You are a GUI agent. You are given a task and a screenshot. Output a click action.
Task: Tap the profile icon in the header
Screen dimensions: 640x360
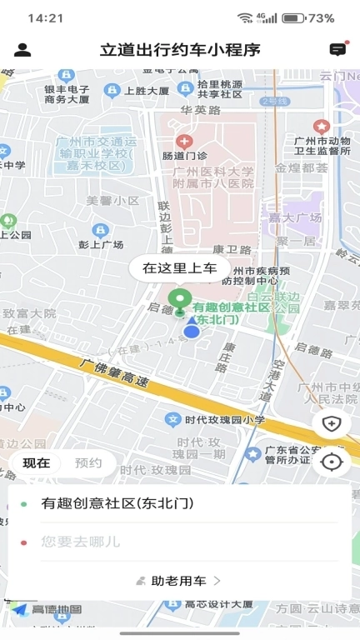(22, 50)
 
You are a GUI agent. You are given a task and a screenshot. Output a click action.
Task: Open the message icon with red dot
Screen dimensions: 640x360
(337, 49)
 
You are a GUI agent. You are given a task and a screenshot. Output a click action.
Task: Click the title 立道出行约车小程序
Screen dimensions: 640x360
(180, 50)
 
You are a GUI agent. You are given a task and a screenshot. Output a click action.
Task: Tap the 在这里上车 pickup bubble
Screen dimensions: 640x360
(179, 267)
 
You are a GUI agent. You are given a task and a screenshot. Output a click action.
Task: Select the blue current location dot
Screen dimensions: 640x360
(192, 332)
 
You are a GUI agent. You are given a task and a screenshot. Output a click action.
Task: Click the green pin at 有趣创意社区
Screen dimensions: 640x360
(177, 299)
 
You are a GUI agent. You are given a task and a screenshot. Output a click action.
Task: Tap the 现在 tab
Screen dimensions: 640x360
(36, 463)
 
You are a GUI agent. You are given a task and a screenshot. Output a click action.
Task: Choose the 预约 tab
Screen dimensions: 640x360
(87, 463)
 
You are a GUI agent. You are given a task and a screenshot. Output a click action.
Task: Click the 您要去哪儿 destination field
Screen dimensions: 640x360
(81, 542)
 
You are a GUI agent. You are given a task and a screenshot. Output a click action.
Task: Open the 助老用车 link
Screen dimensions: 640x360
(178, 581)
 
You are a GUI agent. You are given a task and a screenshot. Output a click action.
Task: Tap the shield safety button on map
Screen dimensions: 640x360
(332, 423)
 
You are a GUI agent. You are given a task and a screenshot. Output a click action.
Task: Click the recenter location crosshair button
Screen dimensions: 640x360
(332, 462)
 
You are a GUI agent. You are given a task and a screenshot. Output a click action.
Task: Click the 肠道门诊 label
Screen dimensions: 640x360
(185, 155)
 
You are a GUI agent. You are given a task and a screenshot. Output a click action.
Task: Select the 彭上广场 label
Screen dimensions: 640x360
(101, 245)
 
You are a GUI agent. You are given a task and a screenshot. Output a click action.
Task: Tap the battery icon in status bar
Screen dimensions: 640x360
(292, 17)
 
